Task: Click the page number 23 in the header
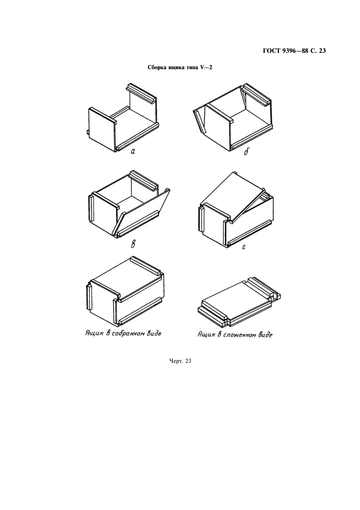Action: [322, 51]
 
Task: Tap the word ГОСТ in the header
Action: [270, 51]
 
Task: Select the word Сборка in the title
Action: [157, 68]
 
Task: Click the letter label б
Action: [246, 151]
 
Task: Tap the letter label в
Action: [133, 244]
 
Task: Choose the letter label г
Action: [243, 247]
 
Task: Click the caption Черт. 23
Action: [180, 361]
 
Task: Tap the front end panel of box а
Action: [102, 129]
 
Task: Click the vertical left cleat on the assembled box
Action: [90, 296]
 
